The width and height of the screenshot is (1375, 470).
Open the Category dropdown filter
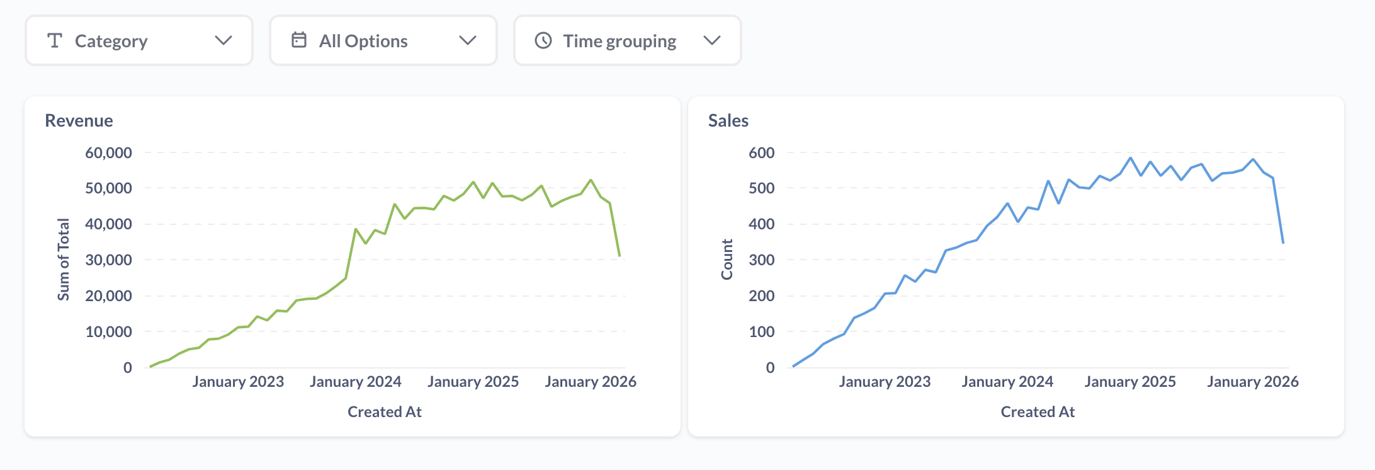pos(139,41)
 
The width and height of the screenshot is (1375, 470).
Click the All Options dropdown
pos(383,41)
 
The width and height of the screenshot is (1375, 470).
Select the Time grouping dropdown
pos(627,41)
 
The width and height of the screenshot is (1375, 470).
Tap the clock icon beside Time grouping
pos(543,41)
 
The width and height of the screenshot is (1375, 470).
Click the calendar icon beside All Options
pos(299,40)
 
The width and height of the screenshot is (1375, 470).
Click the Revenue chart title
pos(79,120)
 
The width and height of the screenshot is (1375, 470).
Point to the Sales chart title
pos(728,120)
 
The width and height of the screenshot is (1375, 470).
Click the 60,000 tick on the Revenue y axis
pos(108,152)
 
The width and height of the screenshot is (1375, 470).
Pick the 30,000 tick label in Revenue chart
pos(108,260)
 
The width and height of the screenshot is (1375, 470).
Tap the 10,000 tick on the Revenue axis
pos(108,331)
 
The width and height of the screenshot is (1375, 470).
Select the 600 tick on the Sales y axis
pos(761,152)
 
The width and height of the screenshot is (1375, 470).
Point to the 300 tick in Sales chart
pos(761,260)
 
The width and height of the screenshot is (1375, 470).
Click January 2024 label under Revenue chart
pos(355,382)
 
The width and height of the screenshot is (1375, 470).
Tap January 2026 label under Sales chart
pos(1252,382)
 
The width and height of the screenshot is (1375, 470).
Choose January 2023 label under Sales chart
pos(885,382)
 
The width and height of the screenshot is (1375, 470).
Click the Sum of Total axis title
pos(64,260)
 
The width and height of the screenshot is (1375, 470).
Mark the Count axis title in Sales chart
pos(727,260)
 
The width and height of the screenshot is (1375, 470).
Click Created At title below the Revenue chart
pos(384,412)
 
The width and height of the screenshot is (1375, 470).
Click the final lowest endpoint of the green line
pos(620,256)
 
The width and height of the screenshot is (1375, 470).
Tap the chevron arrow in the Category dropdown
pos(224,41)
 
